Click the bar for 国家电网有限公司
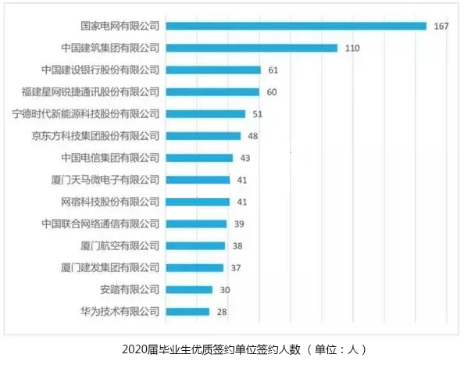tap(296, 26)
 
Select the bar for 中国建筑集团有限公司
tap(252, 48)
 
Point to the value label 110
tap(352, 48)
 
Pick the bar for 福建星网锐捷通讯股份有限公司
tap(212, 91)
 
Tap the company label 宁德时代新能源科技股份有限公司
tap(86, 113)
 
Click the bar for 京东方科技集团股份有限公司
tap(204, 135)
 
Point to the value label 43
tap(245, 157)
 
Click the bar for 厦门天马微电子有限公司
tap(198, 180)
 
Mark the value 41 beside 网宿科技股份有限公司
tap(242, 202)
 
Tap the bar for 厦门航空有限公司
tap(196, 245)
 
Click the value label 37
tap(235, 267)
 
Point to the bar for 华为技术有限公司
tap(188, 311)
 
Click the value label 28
tap(222, 311)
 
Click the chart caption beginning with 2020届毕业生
tap(232, 349)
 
